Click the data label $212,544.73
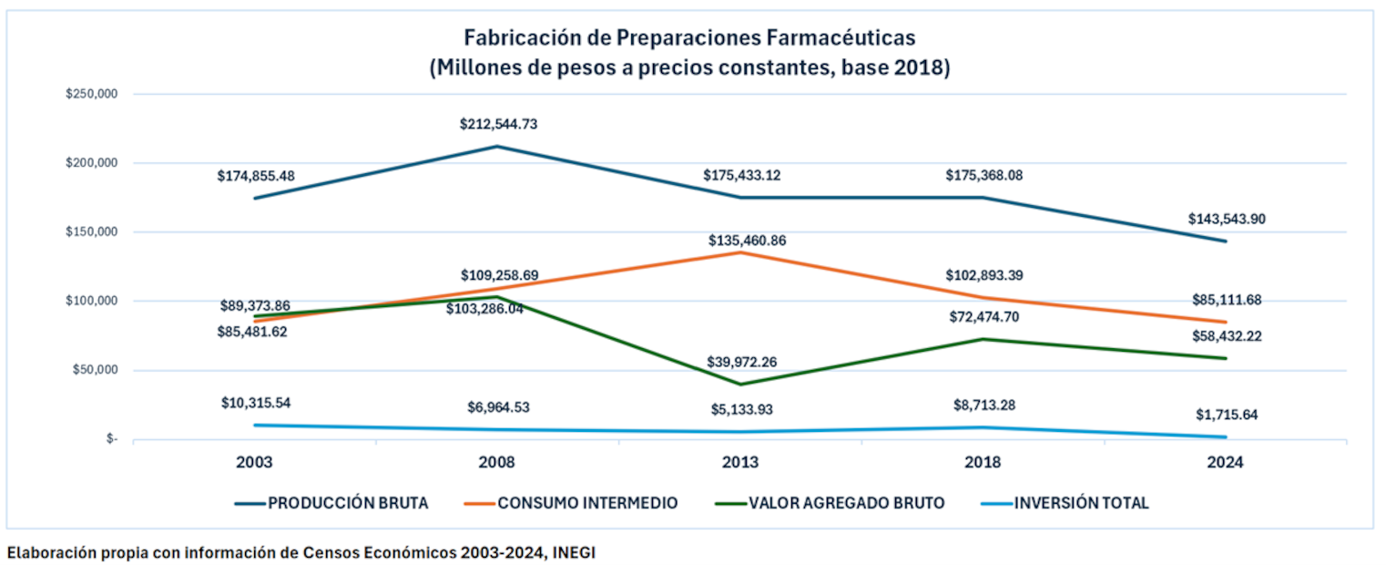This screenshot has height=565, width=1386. click(498, 124)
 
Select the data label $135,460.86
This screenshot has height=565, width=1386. click(747, 241)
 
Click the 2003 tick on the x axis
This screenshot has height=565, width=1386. click(254, 462)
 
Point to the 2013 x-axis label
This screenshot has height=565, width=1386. click(740, 462)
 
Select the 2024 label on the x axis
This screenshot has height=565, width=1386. click(1226, 462)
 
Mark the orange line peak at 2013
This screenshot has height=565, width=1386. click(740, 252)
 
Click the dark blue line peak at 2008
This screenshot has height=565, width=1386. click(497, 146)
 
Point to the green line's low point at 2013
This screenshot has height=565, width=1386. click(740, 384)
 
